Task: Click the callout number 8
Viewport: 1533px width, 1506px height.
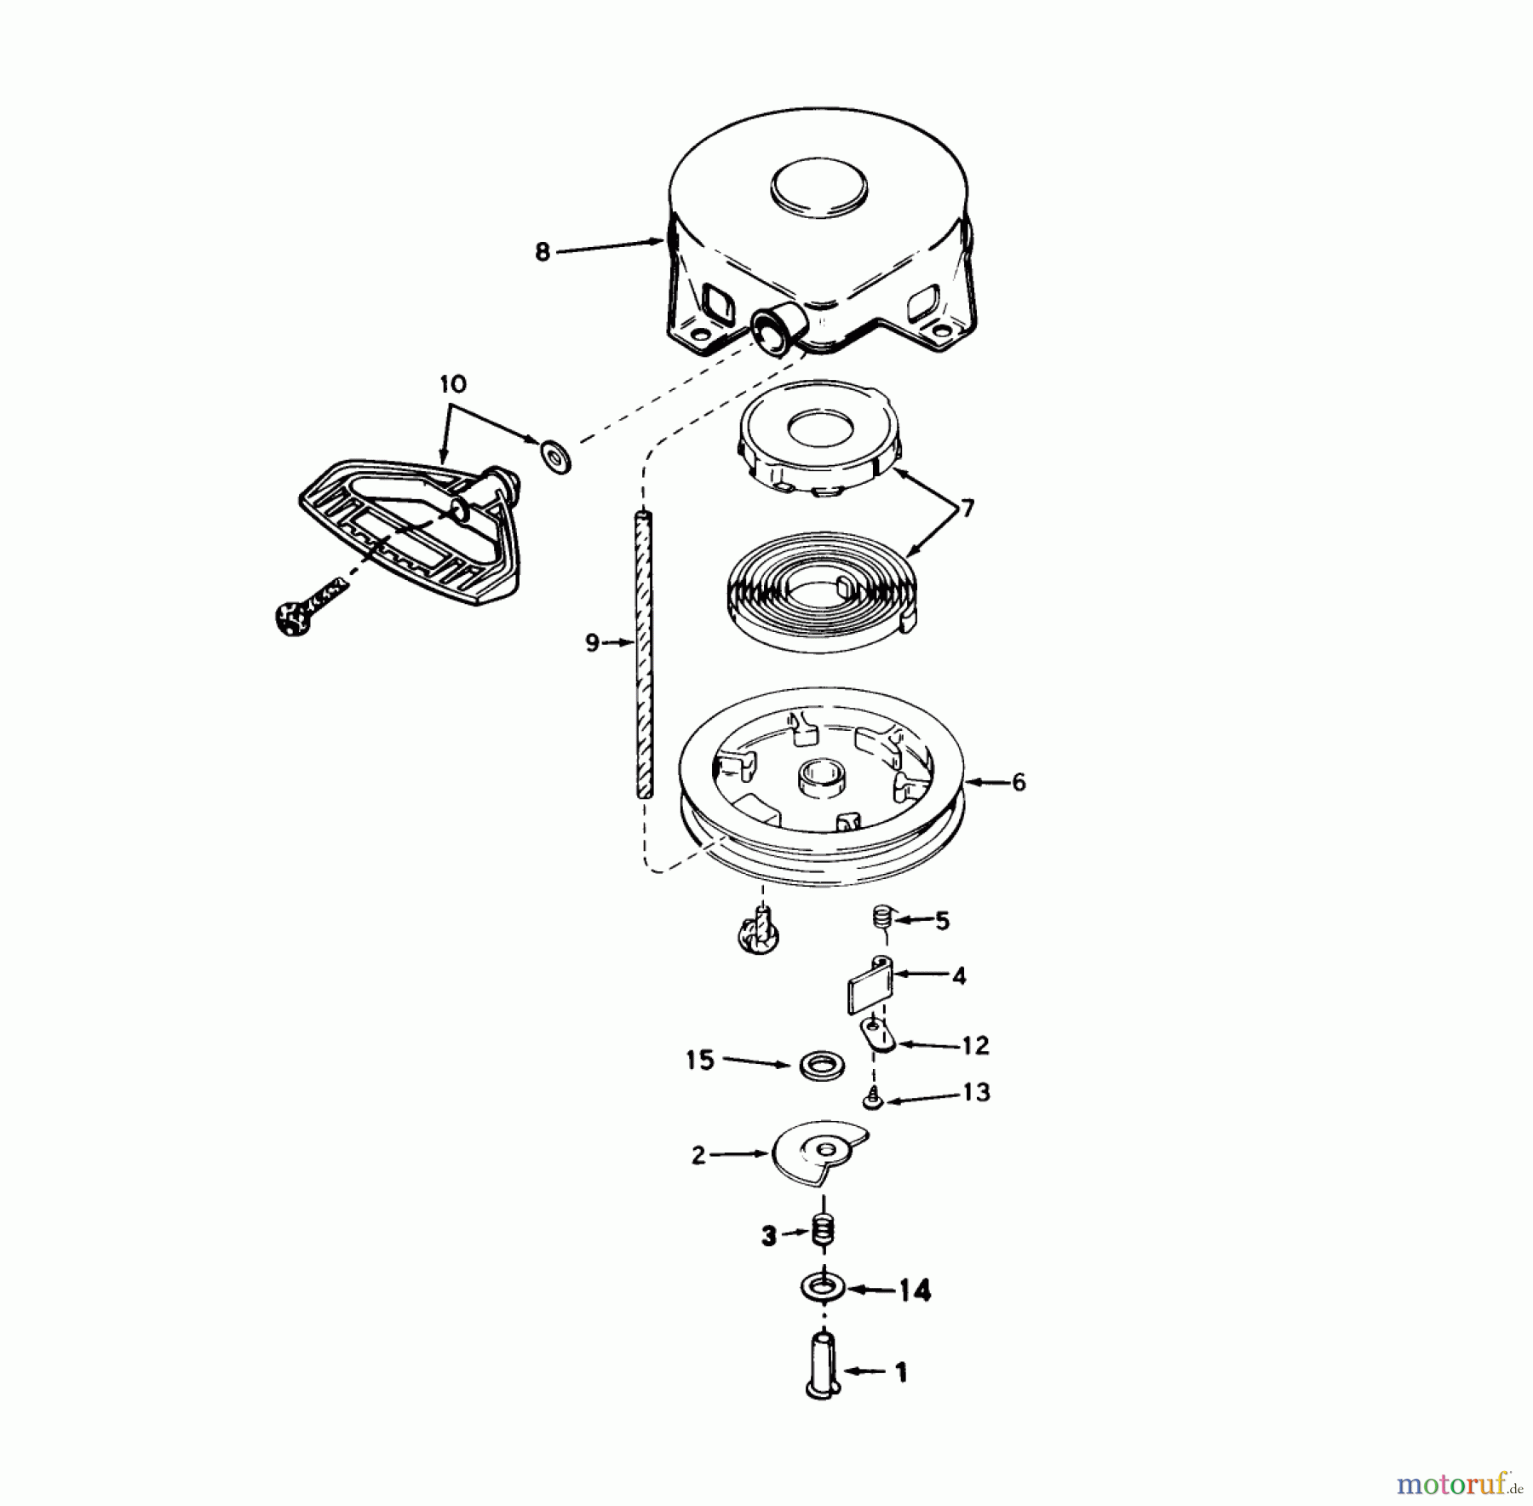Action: [543, 252]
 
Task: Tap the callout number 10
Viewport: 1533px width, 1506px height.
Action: [452, 384]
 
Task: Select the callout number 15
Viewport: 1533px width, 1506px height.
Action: [700, 1061]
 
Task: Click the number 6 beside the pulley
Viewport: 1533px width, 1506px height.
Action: [1019, 781]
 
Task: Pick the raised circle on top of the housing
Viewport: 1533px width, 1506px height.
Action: [818, 186]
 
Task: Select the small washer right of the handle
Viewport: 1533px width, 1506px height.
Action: [556, 455]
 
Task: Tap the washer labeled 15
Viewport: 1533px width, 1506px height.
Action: [821, 1065]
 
